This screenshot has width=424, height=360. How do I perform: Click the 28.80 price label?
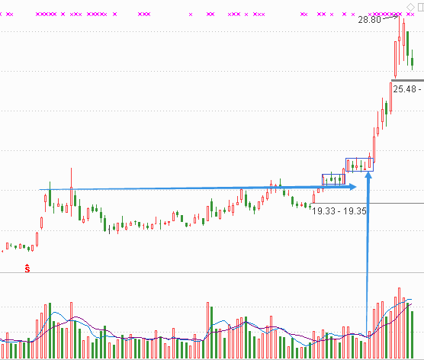(x=369, y=20)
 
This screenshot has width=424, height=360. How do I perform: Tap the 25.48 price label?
(x=404, y=89)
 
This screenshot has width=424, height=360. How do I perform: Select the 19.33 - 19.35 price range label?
(x=339, y=211)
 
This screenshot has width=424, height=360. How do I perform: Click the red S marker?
(x=27, y=268)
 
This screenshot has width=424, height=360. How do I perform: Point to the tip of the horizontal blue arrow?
(x=356, y=187)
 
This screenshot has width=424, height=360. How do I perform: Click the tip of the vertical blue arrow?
(x=368, y=172)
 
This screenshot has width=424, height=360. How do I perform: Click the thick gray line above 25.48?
(x=407, y=80)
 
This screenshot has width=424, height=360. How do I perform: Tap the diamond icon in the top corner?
(x=410, y=7)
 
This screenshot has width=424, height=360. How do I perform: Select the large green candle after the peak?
(x=407, y=43)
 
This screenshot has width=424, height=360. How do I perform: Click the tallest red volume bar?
(x=399, y=323)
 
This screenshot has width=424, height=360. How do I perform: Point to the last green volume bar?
(x=412, y=335)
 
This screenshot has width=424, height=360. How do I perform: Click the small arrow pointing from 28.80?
(x=390, y=18)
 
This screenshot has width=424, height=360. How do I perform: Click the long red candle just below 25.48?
(x=390, y=97)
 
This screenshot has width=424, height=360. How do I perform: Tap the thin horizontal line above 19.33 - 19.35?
(x=368, y=203)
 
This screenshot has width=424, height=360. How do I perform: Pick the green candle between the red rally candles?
(x=387, y=108)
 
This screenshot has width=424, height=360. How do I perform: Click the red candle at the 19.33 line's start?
(x=313, y=198)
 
